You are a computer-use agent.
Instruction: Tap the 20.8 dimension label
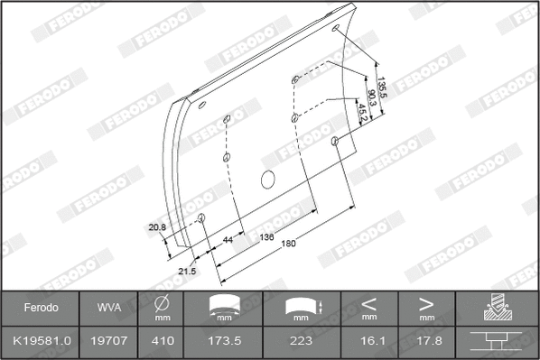point(157,227)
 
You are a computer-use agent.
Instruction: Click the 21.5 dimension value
point(187,271)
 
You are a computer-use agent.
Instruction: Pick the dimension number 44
point(228,240)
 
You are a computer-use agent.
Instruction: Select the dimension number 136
point(267,237)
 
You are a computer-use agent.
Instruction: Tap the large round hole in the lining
point(267,179)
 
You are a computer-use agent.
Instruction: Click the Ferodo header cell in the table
point(40,308)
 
